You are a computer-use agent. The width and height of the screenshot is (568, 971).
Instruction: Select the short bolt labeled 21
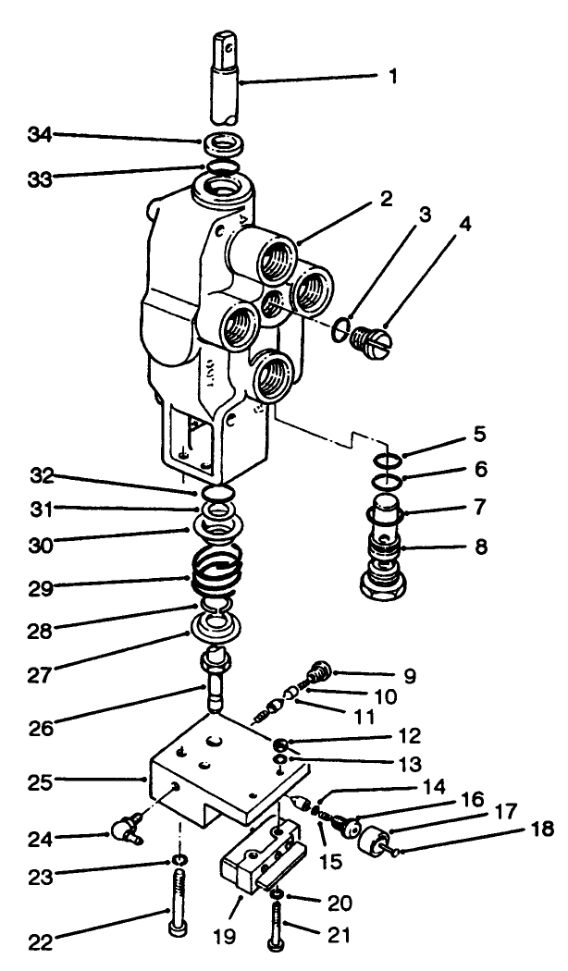pyautogui.click(x=278, y=920)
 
